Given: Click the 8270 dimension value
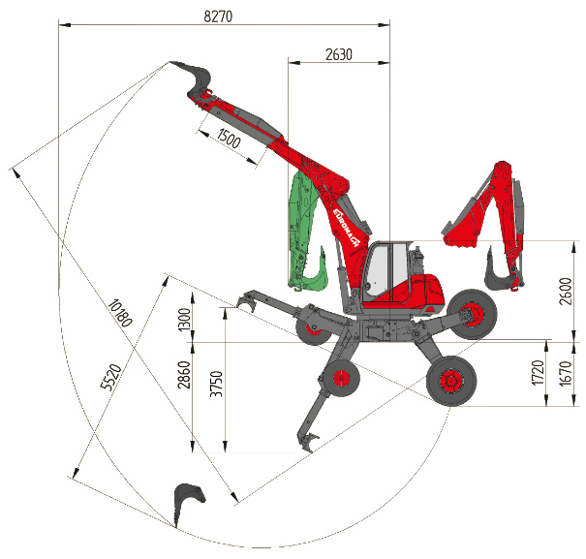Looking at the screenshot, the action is click(218, 16).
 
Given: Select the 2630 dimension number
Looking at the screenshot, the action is click(339, 54).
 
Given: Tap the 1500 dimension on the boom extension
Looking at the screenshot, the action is click(229, 139).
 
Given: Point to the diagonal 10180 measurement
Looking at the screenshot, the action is click(120, 313).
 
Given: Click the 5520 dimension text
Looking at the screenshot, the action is click(111, 377).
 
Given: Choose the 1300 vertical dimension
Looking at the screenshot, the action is click(185, 320).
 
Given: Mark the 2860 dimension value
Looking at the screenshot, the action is click(184, 375).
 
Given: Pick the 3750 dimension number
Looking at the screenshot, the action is click(217, 384).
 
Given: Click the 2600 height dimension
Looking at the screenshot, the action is click(566, 292).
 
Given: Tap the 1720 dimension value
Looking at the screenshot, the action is click(538, 373).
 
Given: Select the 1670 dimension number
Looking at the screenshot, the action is click(567, 373).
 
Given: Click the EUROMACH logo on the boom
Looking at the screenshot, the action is click(346, 228).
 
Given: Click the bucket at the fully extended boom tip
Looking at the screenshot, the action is click(197, 78).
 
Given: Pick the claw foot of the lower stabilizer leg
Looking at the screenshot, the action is click(308, 443).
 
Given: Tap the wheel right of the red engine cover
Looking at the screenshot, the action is click(473, 314).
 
